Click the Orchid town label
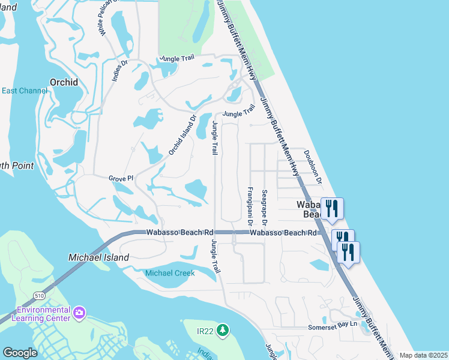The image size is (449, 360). (x=64, y=82)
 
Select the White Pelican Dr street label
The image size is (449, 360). (x=104, y=18)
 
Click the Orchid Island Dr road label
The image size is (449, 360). (x=182, y=135)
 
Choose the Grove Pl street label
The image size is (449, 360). (x=121, y=178)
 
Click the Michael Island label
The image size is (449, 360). (x=98, y=257)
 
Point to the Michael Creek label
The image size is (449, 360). (x=170, y=273)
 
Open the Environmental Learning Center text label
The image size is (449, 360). (x=43, y=314)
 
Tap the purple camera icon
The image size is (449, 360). (x=79, y=313)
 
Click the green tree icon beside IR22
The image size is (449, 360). (x=223, y=330)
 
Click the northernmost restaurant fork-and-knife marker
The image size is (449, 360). (x=332, y=209)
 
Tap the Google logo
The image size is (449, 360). (x=20, y=353)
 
